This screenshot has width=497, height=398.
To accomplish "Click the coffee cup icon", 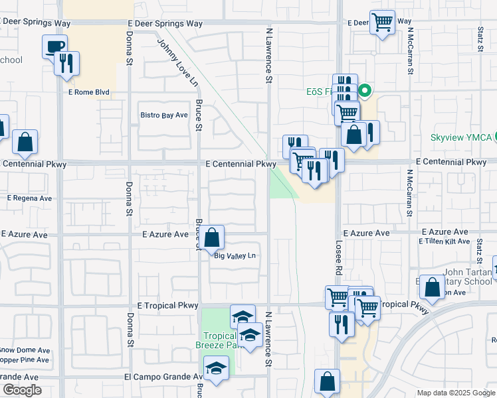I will click(x=54, y=47).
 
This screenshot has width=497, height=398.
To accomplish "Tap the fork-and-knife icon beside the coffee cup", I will click(x=67, y=63).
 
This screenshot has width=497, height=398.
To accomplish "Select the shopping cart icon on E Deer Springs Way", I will click(x=382, y=22).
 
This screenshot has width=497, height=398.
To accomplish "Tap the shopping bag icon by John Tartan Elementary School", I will click(x=432, y=287).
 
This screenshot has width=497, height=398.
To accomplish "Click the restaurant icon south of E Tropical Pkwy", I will click(x=342, y=324).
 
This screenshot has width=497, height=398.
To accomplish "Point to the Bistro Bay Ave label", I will click(x=164, y=115).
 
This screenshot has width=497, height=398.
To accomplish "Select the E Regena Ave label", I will click(x=29, y=198).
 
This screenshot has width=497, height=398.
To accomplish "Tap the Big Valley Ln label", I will click(x=235, y=255).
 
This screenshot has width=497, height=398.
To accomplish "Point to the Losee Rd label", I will click(x=338, y=258).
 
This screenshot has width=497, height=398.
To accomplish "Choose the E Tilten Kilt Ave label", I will click(x=445, y=241).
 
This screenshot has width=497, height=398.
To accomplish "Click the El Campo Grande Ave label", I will click(x=163, y=376).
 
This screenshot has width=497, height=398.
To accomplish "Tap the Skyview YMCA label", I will click(x=460, y=137).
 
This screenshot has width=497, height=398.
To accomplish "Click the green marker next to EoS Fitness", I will click(x=364, y=91).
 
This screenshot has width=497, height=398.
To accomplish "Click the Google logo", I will click(x=21, y=391).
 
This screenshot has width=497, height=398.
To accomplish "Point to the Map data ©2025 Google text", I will click(x=455, y=393).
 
